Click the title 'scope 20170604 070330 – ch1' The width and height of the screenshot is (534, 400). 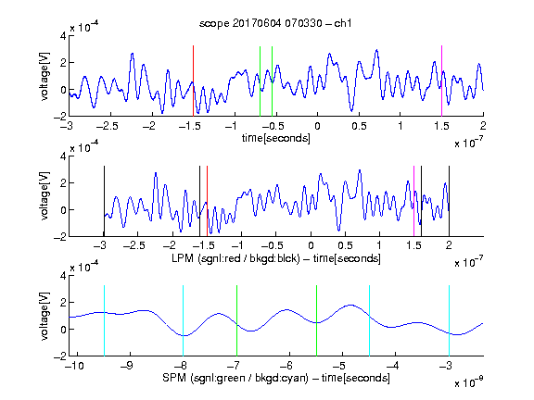(x=275, y=23)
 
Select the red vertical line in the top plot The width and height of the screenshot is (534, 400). (x=193, y=81)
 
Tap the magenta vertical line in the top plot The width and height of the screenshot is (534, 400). (x=441, y=81)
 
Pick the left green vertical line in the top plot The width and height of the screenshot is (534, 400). (x=260, y=81)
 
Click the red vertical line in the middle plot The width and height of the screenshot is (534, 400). (x=207, y=201)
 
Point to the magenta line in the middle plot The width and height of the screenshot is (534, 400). (x=413, y=201)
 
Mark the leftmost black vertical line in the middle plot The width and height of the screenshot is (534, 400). (x=104, y=201)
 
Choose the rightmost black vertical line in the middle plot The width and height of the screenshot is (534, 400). (x=449, y=201)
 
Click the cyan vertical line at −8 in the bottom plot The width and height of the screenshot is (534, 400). (x=184, y=320)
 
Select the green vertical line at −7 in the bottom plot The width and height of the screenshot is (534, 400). (x=236, y=320)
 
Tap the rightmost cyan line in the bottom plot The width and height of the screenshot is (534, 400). (x=449, y=320)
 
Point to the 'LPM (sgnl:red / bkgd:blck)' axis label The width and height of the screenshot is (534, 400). (x=235, y=258)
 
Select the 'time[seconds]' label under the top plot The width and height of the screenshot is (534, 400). (x=276, y=138)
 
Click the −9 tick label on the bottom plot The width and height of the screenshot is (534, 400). (x=127, y=366)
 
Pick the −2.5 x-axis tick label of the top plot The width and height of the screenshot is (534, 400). (x=107, y=126)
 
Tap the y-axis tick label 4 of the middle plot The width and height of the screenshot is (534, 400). (x=63, y=156)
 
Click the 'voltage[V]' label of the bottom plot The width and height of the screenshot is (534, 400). (x=44, y=316)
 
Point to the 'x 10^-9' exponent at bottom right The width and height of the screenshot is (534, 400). (x=468, y=382)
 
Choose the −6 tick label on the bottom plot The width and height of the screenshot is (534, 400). (x=286, y=366)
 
